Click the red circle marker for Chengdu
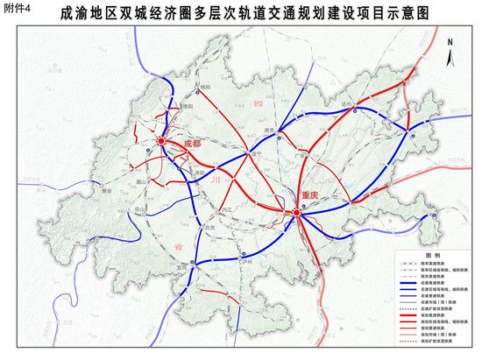coord(162,139)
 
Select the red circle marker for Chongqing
coord(297,211)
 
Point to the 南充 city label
coord(269,131)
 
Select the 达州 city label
coord(355,104)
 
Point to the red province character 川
coord(215,179)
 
